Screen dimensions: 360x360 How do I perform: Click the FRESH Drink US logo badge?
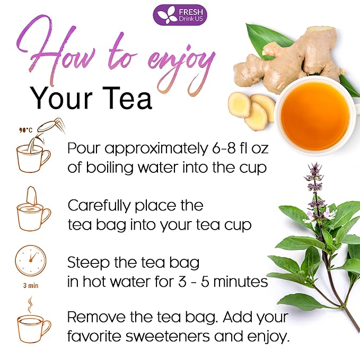[x=180, y=14]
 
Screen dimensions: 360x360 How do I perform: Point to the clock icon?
[x=31, y=260]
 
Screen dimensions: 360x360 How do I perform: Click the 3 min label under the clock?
[x=30, y=285]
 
